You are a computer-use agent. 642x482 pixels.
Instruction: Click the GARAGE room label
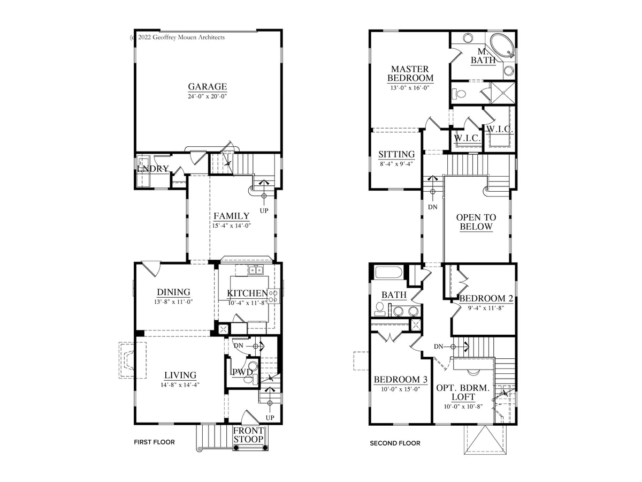tap(208, 86)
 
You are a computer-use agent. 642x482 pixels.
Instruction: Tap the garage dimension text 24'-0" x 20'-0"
tap(208, 96)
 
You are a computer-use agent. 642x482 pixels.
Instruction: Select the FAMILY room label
tap(231, 216)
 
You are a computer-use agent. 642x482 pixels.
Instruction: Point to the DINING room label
tap(173, 292)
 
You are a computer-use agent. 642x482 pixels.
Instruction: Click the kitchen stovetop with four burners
tap(273, 296)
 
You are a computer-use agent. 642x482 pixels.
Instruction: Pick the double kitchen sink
tap(256, 270)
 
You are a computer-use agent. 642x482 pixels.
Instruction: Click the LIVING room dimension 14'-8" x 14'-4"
tap(180, 385)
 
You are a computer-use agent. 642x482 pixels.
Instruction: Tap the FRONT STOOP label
tap(248, 435)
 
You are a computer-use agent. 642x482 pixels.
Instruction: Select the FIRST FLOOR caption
tap(154, 442)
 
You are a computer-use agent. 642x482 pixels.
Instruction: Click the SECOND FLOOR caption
tap(395, 443)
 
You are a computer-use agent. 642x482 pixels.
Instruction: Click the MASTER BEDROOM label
tap(410, 73)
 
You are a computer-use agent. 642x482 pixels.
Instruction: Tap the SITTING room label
tap(396, 154)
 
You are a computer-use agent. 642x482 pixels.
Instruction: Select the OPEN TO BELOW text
tap(476, 222)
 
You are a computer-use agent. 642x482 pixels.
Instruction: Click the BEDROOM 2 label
tap(486, 298)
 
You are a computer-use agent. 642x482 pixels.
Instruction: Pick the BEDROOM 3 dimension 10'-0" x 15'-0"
tap(400, 389)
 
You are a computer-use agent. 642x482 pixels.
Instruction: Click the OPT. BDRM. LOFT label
tap(463, 392)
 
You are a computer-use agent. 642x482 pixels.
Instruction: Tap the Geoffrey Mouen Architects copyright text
tap(177, 37)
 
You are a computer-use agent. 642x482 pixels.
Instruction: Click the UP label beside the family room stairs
tap(264, 210)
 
